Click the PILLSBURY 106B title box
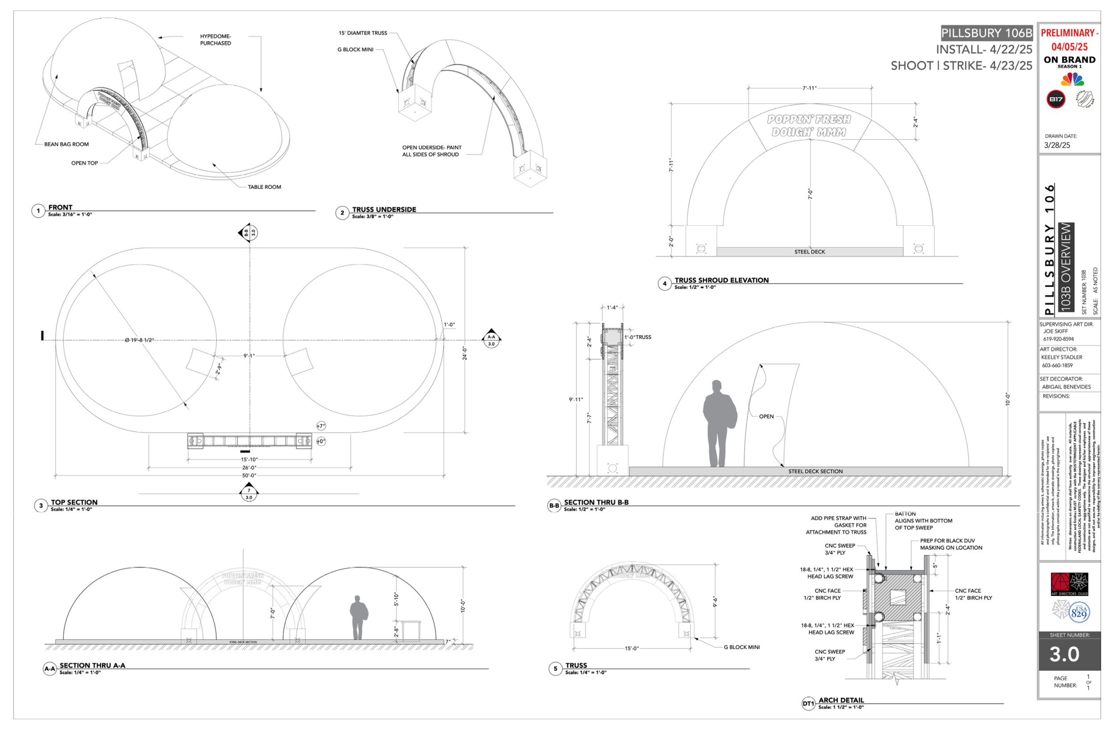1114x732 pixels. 986,33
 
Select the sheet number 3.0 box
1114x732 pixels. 1069,654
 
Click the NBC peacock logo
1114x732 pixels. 1073,80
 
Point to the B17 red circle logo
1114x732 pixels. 1056,99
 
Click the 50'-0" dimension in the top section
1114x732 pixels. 249,475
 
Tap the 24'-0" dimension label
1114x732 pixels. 465,353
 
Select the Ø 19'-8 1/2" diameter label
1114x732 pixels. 139,340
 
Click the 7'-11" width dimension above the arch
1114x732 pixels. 809,88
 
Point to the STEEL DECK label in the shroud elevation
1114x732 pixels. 809,252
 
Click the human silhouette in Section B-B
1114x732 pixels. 719,424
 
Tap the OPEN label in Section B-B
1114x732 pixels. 766,416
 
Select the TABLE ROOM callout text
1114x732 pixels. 264,187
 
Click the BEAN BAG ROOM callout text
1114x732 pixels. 66,144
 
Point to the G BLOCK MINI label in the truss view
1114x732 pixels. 741,647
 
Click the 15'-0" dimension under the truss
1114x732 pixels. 631,649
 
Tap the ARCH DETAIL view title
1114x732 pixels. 841,700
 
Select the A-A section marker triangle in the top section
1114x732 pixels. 491,337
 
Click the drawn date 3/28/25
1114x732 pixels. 1057,145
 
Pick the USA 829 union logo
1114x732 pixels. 1078,612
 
